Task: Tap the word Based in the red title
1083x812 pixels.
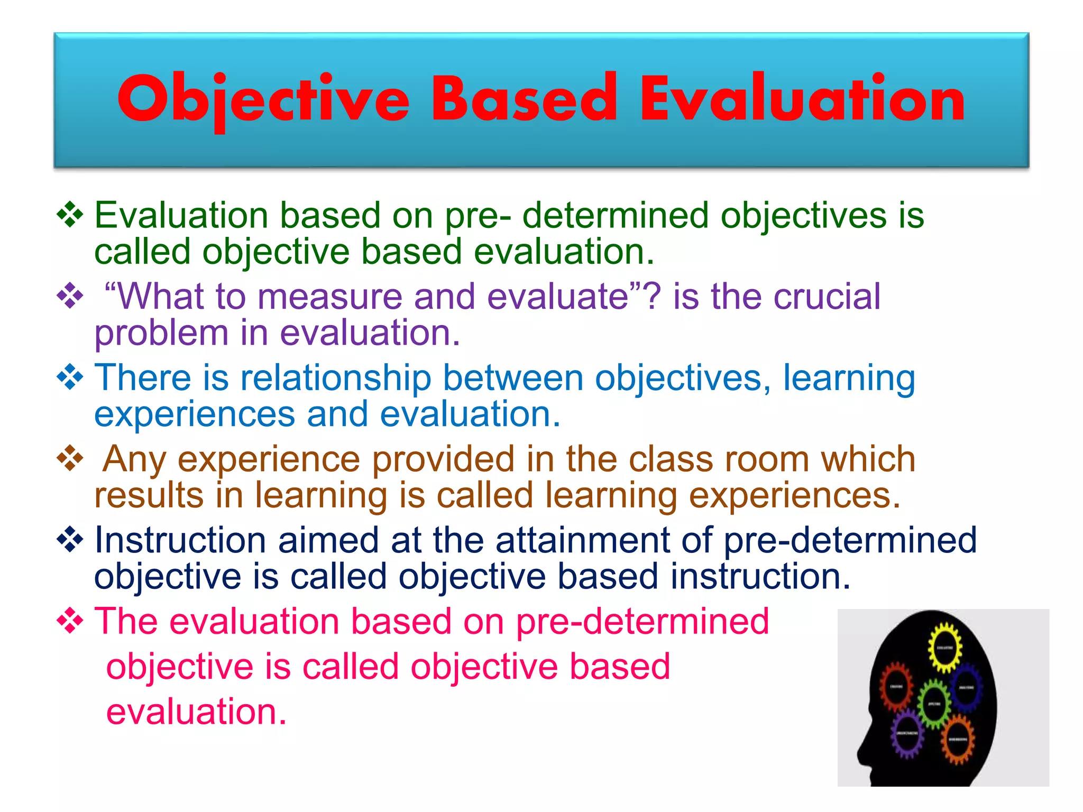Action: pyautogui.click(x=524, y=98)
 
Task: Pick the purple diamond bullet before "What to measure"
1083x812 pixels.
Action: pyautogui.click(x=70, y=296)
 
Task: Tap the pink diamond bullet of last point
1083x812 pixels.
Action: pyautogui.click(x=70, y=621)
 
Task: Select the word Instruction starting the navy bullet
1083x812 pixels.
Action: pyautogui.click(x=180, y=540)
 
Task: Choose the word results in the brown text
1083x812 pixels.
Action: pyautogui.click(x=149, y=495)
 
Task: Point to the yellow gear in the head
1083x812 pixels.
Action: pyautogui.click(x=944, y=647)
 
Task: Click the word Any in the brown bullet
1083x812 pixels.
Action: pyautogui.click(x=134, y=459)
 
